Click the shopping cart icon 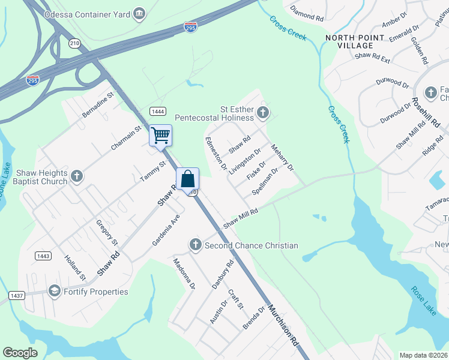160,135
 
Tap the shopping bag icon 187,179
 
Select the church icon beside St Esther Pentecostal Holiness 262,112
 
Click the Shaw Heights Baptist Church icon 76,176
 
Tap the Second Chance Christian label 251,245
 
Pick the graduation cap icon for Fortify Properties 54,292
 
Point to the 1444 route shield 158,111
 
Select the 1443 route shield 42,256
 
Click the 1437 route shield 16,296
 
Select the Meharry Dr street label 282,157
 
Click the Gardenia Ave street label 166,229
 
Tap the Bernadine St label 98,104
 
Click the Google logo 20,353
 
